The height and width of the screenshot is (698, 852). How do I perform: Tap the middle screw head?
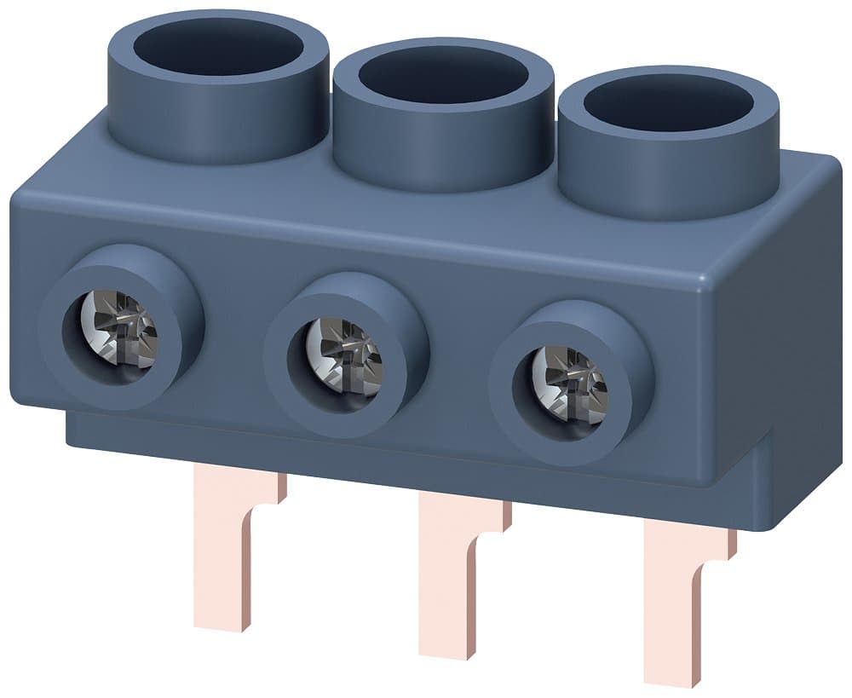pyautogui.click(x=344, y=356)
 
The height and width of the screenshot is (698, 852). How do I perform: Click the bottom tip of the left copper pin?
pyautogui.click(x=225, y=625)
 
